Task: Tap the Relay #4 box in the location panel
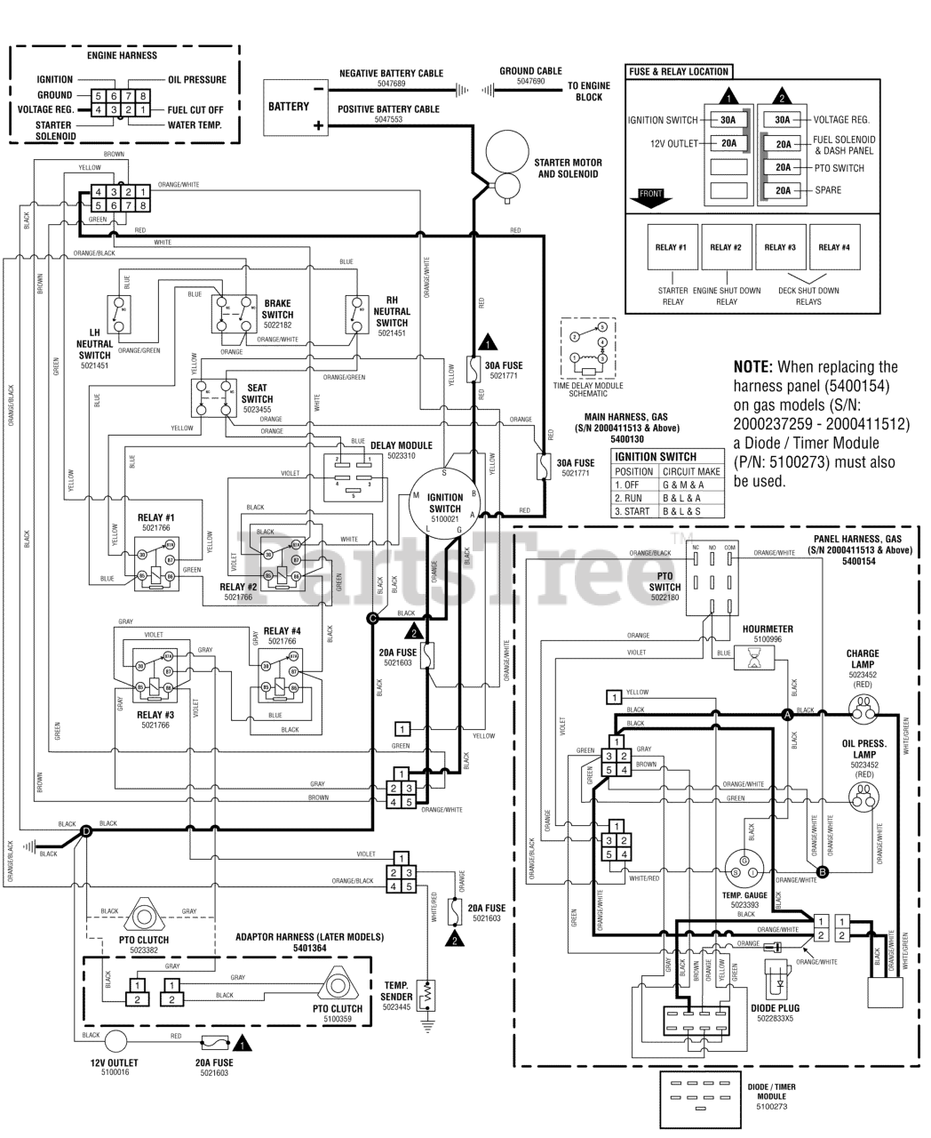[833, 247]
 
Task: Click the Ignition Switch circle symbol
[445, 503]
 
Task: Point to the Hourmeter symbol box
[753, 658]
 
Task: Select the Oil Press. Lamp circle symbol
[861, 798]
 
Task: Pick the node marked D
[86, 831]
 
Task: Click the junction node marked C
[372, 618]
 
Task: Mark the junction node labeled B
[822, 872]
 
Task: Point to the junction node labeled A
[786, 713]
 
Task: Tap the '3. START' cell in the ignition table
[634, 511]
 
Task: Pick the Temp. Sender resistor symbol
[427, 994]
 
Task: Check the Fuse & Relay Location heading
[679, 71]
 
